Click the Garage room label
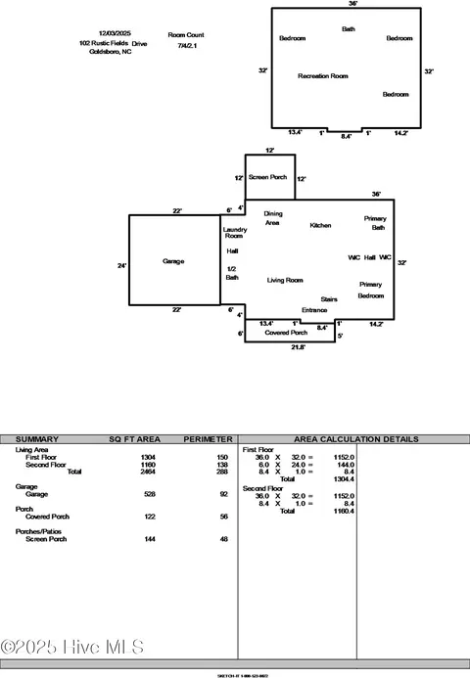[x=173, y=261]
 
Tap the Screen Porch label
[x=267, y=177]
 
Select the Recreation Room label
[x=323, y=75]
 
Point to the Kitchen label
[x=320, y=225]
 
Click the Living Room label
[x=285, y=280]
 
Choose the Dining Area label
[x=273, y=218]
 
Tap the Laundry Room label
[x=234, y=233]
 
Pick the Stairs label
[x=329, y=299]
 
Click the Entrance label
[x=314, y=310]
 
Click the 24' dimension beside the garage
[x=122, y=265]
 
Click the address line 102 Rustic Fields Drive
[x=113, y=43]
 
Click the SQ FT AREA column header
[x=134, y=439]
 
